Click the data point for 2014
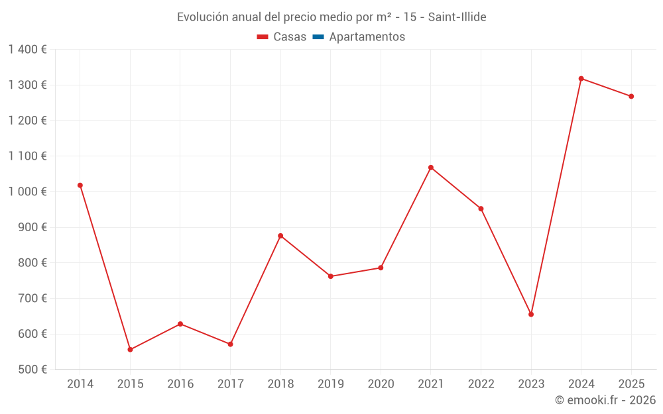(x=80, y=185)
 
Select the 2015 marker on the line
(x=130, y=350)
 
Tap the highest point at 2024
(x=581, y=79)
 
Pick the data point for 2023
(x=531, y=314)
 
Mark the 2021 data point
(x=431, y=168)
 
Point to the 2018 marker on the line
(x=280, y=236)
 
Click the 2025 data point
(x=631, y=97)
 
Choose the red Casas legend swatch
(x=263, y=37)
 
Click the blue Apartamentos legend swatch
(x=318, y=37)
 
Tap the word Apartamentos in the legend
(x=367, y=37)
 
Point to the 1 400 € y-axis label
(x=27, y=50)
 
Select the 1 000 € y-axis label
(x=27, y=191)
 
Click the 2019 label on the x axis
(x=331, y=384)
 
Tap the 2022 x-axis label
(x=481, y=384)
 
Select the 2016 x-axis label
(x=180, y=384)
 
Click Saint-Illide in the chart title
(x=457, y=17)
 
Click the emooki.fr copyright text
(x=605, y=400)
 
